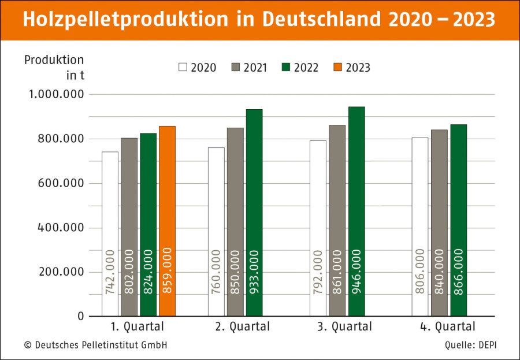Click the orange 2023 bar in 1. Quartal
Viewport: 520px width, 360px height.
(x=167, y=221)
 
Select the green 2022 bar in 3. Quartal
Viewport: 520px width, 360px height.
(x=356, y=211)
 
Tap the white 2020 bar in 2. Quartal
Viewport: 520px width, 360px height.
(x=216, y=232)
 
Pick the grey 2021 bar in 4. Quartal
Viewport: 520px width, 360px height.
(x=440, y=223)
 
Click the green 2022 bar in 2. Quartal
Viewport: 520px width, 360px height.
(x=254, y=213)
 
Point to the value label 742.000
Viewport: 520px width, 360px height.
(x=110, y=272)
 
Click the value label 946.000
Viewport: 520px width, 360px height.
(x=356, y=272)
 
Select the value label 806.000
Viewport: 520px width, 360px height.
(x=420, y=272)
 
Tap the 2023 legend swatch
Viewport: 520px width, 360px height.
(x=337, y=67)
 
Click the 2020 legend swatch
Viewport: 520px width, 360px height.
(x=183, y=67)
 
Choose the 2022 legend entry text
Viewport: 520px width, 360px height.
(x=306, y=68)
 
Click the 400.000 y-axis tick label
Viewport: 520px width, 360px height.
(x=61, y=228)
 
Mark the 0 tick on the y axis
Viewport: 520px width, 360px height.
(x=81, y=316)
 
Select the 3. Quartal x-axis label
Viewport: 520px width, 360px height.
(x=344, y=326)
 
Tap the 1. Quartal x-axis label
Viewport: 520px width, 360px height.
(x=138, y=326)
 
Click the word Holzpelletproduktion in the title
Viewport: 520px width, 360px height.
(x=126, y=20)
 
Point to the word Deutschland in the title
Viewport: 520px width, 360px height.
(x=321, y=19)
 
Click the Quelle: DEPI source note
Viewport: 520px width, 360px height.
(x=471, y=345)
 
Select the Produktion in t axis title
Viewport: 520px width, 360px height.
(x=54, y=68)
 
